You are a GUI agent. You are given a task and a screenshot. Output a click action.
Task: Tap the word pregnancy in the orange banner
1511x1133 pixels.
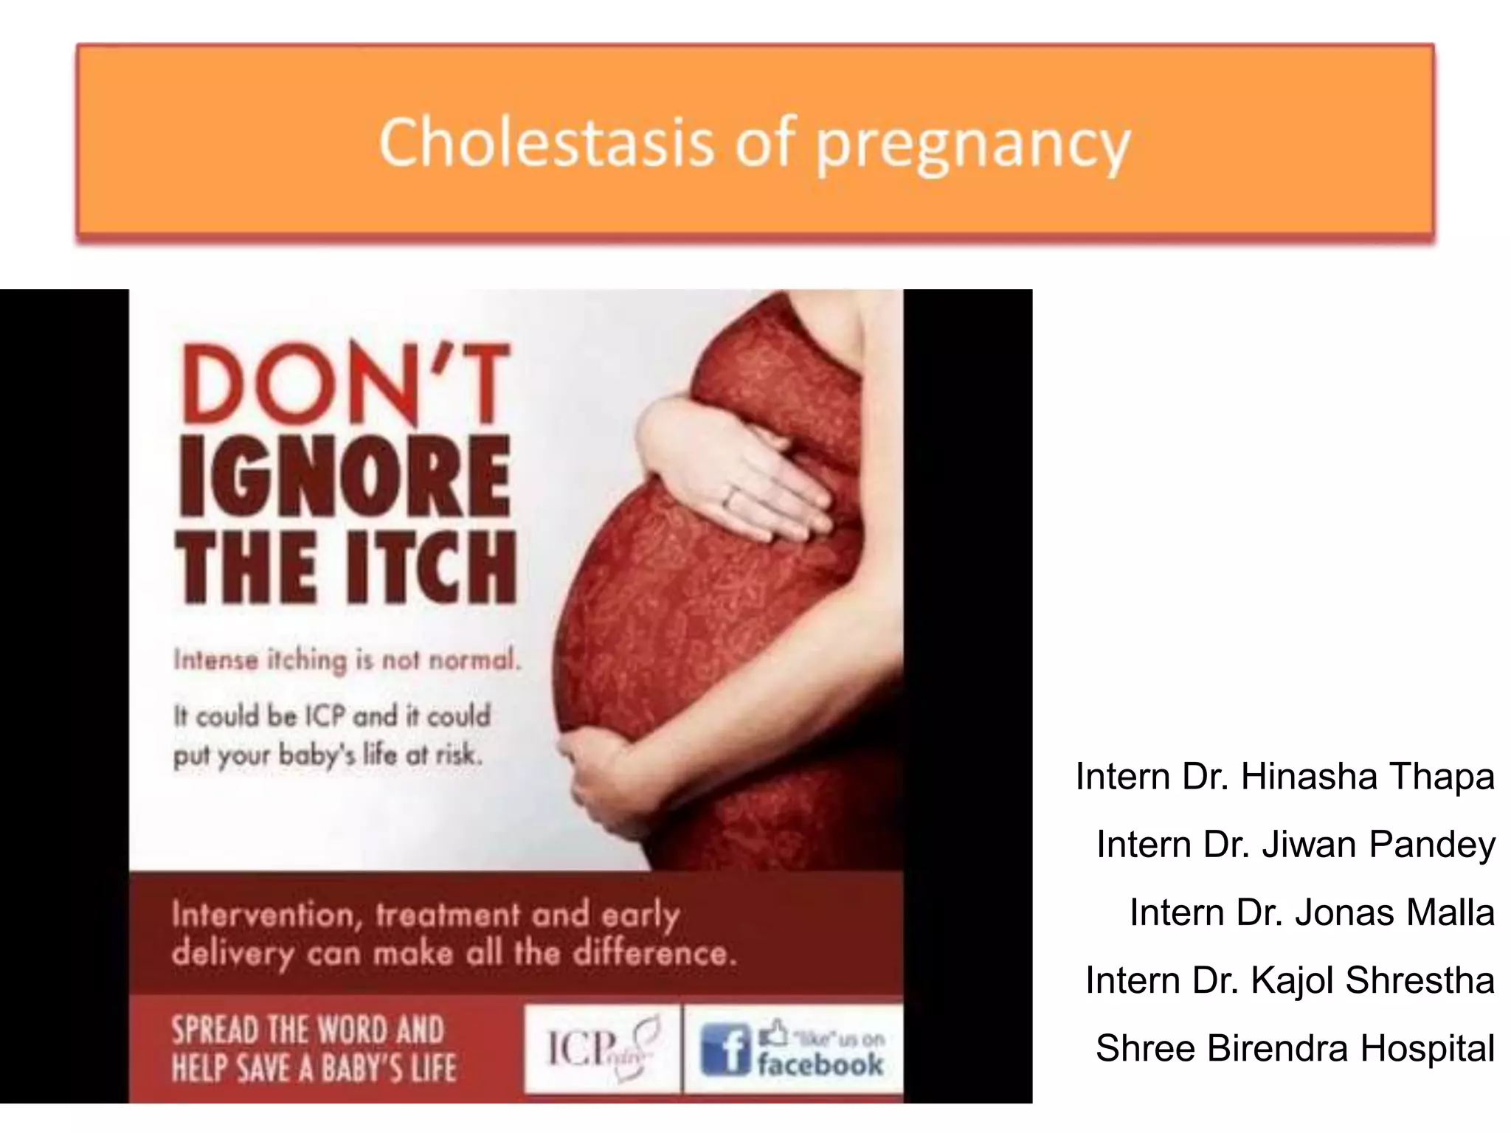972,145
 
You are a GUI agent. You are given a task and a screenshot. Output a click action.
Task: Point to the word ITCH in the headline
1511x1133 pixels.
432,569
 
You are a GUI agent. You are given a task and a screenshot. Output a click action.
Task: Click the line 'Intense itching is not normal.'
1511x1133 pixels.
347,659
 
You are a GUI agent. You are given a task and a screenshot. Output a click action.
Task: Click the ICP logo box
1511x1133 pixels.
603,1047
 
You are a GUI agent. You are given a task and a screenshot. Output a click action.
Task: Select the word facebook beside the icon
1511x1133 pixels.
819,1064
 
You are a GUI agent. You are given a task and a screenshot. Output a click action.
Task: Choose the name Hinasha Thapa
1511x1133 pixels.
1367,777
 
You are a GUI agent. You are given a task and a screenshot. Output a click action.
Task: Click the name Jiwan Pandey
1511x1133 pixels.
1378,845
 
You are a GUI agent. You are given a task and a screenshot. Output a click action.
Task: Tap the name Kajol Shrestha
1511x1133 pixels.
1372,980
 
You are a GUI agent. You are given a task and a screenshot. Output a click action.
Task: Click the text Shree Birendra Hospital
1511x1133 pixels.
1295,1048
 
